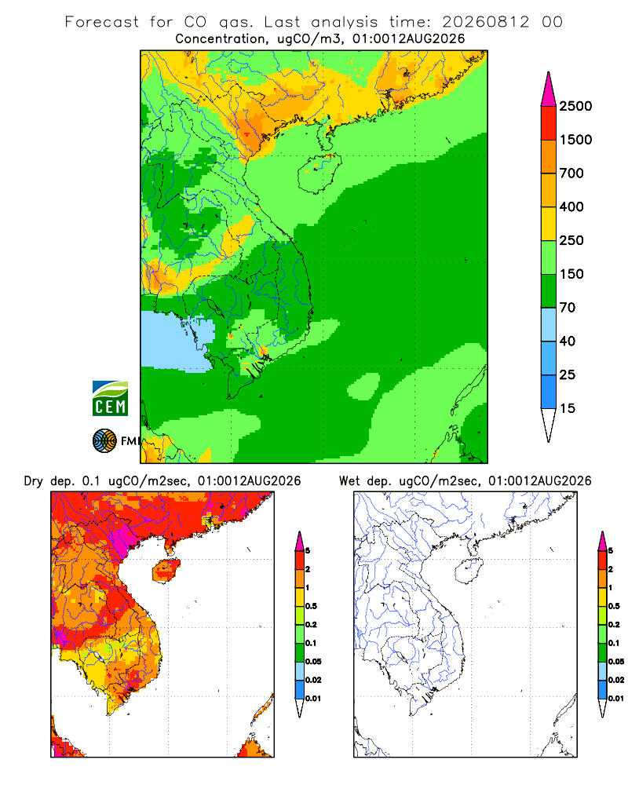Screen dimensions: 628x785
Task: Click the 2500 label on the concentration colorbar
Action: [575, 106]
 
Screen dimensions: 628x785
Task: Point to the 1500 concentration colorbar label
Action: [575, 140]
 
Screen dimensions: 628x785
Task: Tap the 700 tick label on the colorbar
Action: [571, 173]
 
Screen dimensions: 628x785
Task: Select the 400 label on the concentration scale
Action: [571, 206]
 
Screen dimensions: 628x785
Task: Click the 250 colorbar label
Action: [571, 240]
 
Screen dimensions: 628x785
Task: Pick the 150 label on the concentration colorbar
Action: [571, 274]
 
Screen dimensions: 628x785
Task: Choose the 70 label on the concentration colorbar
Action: [568, 308]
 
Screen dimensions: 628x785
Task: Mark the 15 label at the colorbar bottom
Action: [568, 408]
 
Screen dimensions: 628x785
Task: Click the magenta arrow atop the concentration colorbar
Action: [549, 89]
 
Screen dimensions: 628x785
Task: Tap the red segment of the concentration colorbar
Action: [549, 123]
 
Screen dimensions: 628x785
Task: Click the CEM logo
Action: [110, 399]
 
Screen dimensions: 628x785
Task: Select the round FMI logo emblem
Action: [104, 440]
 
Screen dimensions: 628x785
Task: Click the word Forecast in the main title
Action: [102, 22]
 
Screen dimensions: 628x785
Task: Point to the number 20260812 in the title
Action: [485, 22]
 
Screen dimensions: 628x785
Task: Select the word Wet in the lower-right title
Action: [349, 481]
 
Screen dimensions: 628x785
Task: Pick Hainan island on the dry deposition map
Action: [166, 571]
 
